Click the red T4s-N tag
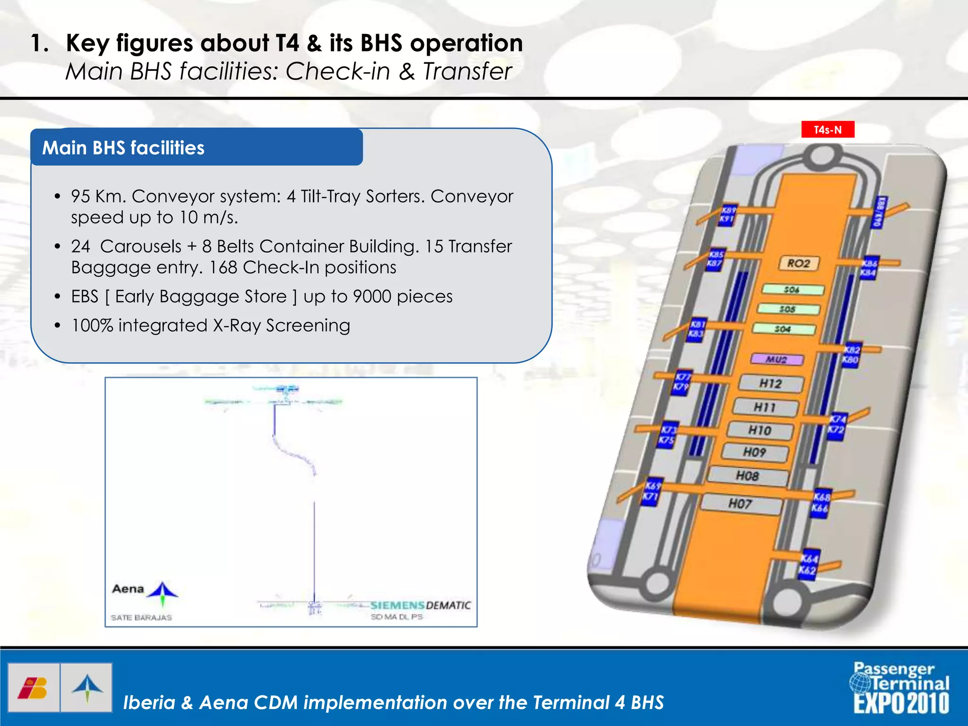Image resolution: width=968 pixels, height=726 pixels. [x=828, y=130]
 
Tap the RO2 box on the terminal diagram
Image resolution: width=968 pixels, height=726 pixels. [x=798, y=263]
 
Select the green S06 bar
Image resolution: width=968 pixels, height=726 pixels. [x=793, y=289]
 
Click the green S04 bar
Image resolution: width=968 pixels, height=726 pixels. [x=784, y=328]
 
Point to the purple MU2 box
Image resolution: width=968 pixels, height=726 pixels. [x=777, y=359]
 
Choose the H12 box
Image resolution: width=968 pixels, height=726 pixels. [x=770, y=383]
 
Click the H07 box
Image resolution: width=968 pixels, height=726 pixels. [x=740, y=504]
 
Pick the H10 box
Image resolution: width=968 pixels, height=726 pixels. [x=760, y=430]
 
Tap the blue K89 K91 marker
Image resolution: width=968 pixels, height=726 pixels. [x=727, y=215]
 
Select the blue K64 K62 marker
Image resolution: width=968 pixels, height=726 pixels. [x=808, y=564]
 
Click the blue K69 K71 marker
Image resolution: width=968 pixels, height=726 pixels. [x=651, y=491]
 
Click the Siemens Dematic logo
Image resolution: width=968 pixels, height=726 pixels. [x=420, y=605]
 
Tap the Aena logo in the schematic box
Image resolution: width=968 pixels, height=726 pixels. [x=144, y=591]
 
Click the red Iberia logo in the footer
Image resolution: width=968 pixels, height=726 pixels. [x=33, y=688]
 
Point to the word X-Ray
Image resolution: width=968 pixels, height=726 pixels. [x=237, y=326]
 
